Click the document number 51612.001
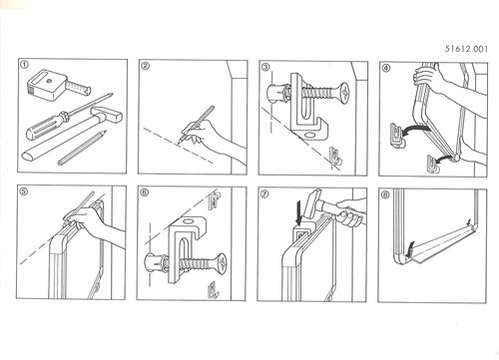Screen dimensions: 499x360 coord(466,49)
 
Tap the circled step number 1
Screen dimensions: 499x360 coord(24,65)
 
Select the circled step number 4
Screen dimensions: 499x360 coord(385,68)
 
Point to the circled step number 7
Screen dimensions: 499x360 coord(264,194)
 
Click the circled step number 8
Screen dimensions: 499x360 coord(385,194)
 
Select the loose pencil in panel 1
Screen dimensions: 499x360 coord(82,148)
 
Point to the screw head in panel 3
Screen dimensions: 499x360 coord(342,91)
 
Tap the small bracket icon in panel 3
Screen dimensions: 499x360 coord(336,156)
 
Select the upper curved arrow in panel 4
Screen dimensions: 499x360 coord(414,129)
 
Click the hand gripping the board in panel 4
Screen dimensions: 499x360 coord(428,77)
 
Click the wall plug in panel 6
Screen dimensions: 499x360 coord(156,262)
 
